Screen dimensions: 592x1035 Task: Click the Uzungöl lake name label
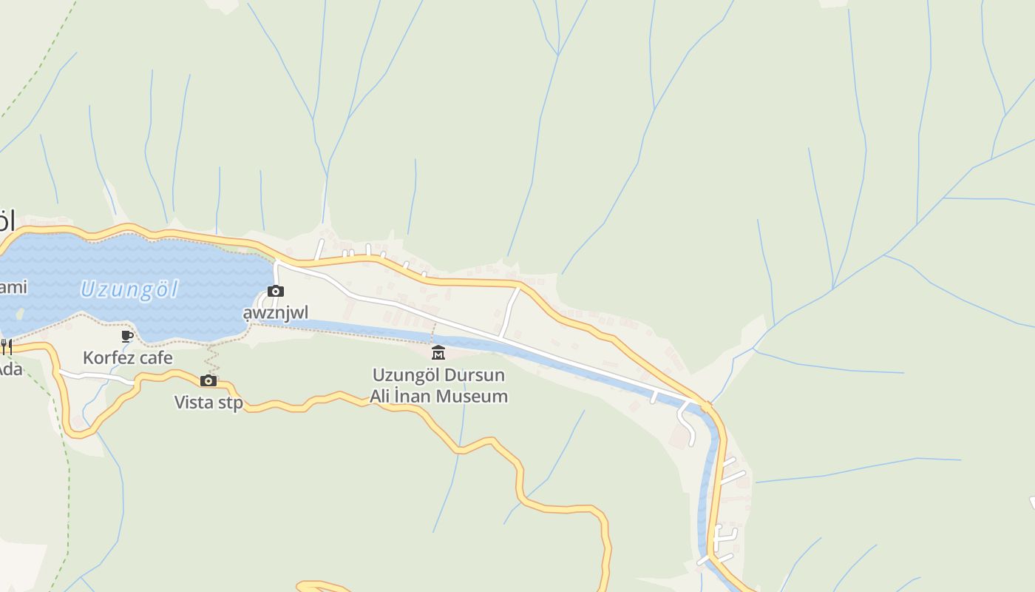(129, 289)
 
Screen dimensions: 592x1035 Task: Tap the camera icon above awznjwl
(276, 292)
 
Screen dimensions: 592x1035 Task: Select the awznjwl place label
(276, 312)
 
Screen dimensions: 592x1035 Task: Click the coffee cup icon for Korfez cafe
(127, 337)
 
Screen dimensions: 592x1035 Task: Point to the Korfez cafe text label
(127, 358)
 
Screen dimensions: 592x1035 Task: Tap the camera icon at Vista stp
(208, 381)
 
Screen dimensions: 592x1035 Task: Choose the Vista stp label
(208, 403)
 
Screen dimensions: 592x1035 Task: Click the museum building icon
(438, 352)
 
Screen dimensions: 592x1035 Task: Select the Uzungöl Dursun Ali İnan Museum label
(438, 385)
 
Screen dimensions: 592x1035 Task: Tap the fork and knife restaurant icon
(6, 346)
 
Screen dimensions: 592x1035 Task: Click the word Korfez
(108, 358)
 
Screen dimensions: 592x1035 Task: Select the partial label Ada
(10, 369)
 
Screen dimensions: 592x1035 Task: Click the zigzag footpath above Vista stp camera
(213, 360)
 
